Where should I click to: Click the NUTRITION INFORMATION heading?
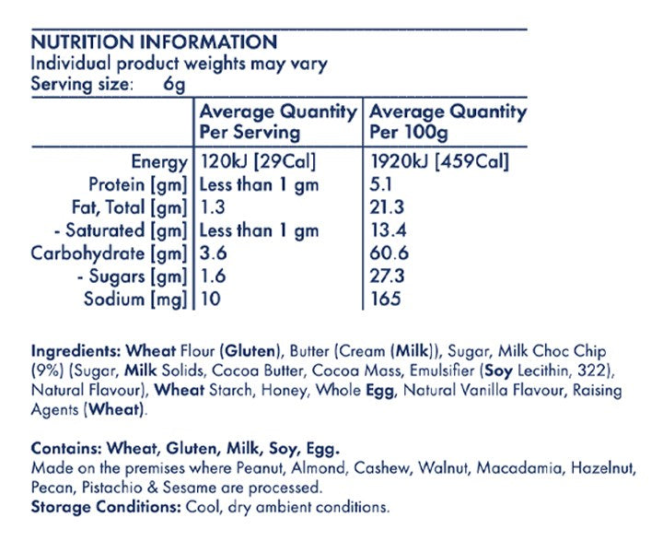coord(154,42)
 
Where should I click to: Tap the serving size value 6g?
coord(174,85)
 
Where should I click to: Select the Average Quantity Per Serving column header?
coord(278,122)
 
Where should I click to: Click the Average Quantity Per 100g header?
coord(448,122)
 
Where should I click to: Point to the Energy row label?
coord(159,161)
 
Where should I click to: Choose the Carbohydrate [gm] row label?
coord(110,253)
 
